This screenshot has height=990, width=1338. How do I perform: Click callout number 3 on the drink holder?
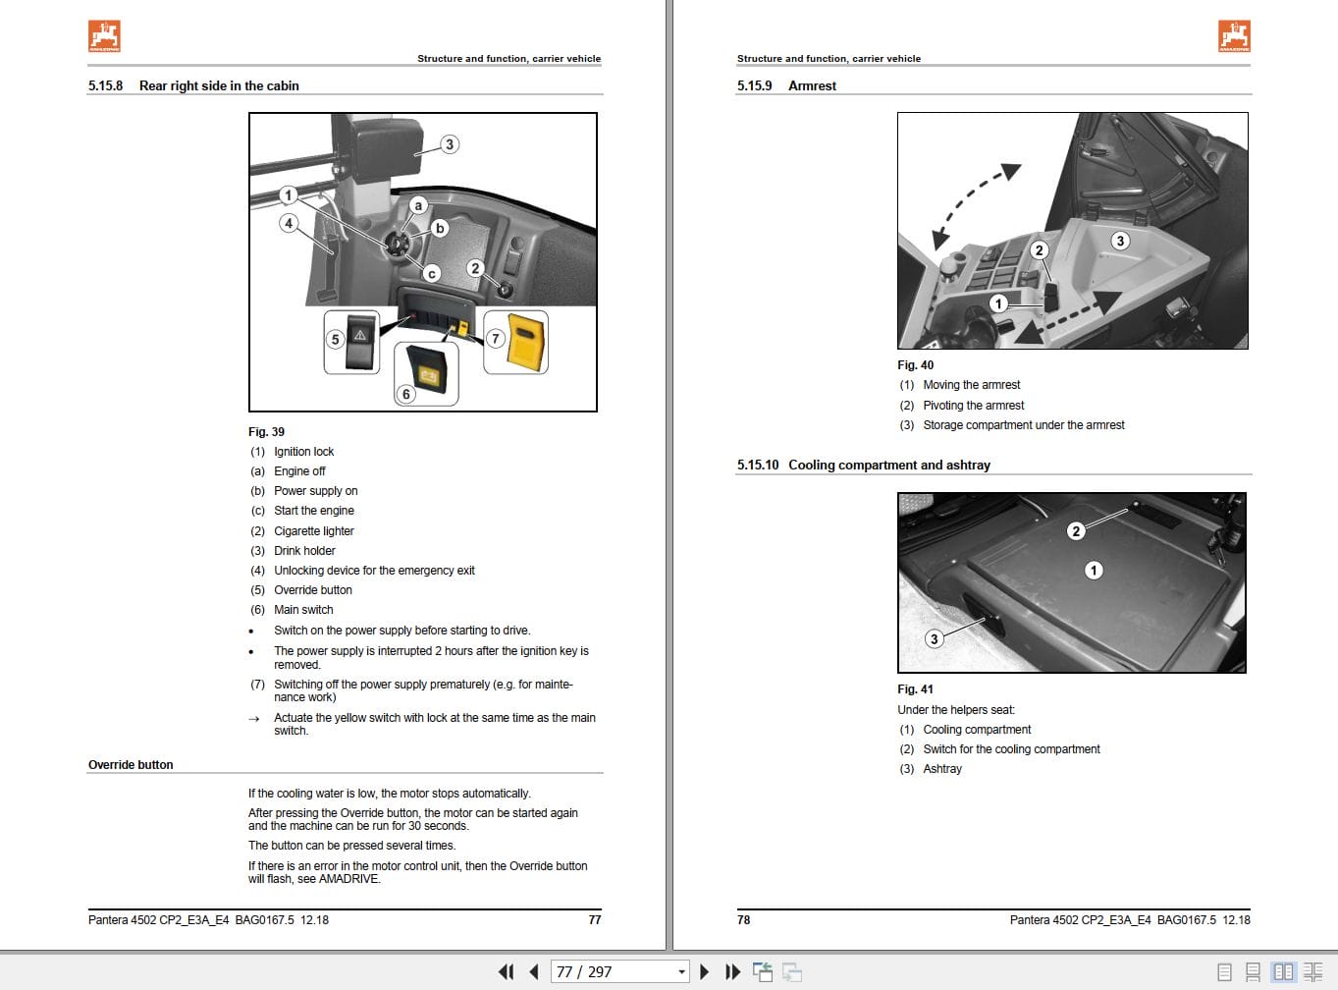coord(449,144)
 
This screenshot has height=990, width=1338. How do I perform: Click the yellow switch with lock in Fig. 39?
coord(527,344)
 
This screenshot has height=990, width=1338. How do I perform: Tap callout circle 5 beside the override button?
coord(335,339)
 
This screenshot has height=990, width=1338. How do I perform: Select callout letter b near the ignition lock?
coord(440,228)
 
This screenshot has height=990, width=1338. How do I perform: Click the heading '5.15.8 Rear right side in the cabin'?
coord(193,85)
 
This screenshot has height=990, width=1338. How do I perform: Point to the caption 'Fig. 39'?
coord(266,431)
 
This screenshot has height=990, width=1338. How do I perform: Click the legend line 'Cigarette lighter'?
coord(313,530)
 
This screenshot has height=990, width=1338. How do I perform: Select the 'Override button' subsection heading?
coord(131,764)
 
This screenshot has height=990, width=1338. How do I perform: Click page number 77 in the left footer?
coord(594,919)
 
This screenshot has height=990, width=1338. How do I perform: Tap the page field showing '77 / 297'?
coord(618,971)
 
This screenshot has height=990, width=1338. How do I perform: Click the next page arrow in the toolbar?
coord(704,971)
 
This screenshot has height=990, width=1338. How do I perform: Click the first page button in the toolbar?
coord(506,971)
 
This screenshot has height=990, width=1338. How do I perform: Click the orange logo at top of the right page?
coord(1234,36)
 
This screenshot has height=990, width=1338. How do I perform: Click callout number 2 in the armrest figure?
coord(1039,249)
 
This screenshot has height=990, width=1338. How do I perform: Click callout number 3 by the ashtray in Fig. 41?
coord(934,638)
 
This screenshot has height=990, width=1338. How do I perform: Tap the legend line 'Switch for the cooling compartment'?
coord(1011,748)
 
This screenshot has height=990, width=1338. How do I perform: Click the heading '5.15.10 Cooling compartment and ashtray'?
coord(863,465)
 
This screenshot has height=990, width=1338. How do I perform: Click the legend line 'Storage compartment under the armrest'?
coord(1023,424)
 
